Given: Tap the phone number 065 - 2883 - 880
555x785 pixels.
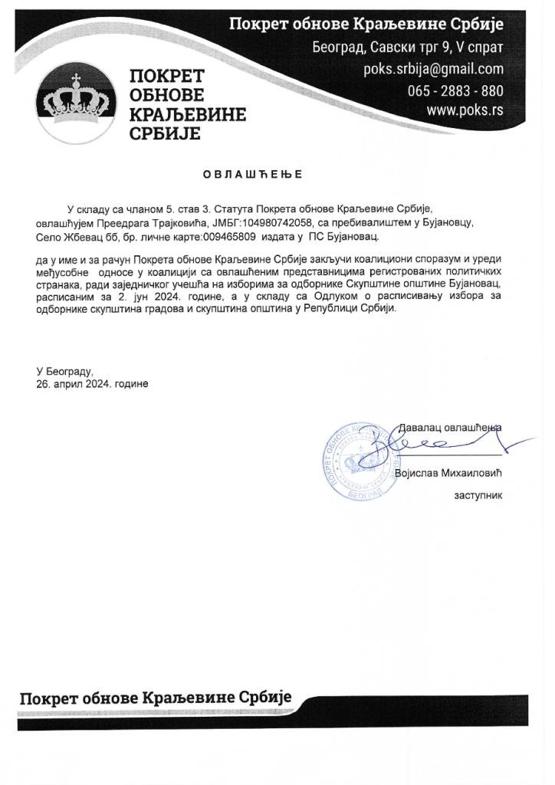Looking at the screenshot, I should (x=455, y=90).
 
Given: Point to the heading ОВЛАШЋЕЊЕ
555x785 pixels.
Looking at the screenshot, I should (x=252, y=174).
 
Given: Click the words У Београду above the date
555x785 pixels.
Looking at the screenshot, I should (x=67, y=370).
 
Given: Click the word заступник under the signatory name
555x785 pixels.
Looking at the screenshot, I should (x=478, y=495).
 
